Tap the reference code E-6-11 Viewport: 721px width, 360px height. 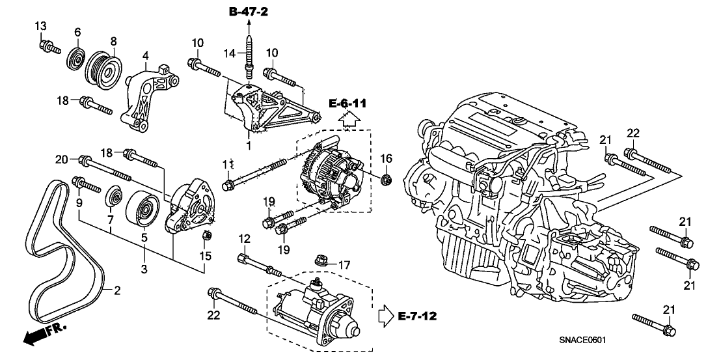tap(347, 103)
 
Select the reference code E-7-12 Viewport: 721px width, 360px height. tap(416, 316)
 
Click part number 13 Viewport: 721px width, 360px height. tap(40, 25)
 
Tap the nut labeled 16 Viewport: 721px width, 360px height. tap(387, 179)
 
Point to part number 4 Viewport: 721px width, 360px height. tap(146, 55)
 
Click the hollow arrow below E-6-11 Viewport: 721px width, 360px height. tap(349, 119)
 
